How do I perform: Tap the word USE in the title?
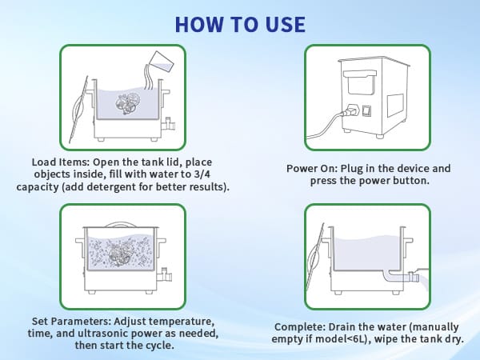click(x=286, y=25)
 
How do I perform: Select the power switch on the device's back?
click(x=366, y=110)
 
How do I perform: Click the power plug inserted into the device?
click(x=350, y=111)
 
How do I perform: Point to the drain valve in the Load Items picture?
click(x=169, y=125)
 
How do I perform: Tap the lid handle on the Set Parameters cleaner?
click(x=121, y=225)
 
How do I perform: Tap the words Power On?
click(x=312, y=168)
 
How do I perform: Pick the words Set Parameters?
click(x=72, y=322)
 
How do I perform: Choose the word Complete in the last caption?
click(x=300, y=327)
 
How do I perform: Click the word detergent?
click(x=111, y=186)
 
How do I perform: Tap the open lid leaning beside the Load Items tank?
click(x=78, y=110)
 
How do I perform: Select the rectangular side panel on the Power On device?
click(x=395, y=106)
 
